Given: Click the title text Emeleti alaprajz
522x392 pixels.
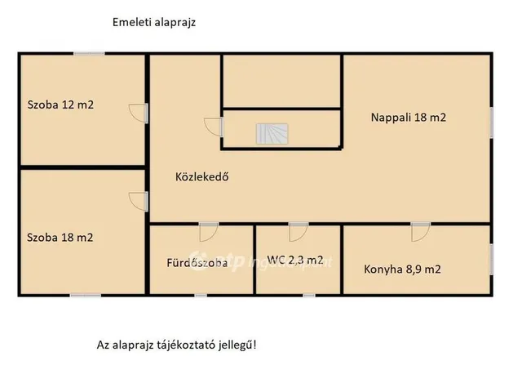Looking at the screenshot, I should coord(154,23).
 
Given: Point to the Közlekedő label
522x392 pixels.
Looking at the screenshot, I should coord(201,176).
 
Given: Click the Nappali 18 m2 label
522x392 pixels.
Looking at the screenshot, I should coord(409,118).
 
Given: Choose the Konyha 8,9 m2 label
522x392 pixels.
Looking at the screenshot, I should coord(403,268).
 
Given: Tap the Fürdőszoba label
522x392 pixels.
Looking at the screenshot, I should coord(197,262).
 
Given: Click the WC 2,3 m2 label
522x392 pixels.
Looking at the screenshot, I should coord(296,261).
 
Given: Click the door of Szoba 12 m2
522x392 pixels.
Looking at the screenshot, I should coord(138,113).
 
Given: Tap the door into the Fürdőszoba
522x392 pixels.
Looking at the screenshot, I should coord(209,232).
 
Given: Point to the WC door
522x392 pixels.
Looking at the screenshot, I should coord(299,232).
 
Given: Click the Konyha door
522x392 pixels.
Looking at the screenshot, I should coord(420,232).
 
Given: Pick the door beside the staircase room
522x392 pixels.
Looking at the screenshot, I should coord(215,127).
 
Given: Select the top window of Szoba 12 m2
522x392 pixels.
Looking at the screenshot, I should coord(89,54).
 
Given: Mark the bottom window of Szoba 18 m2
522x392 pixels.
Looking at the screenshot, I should coord(86,296).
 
